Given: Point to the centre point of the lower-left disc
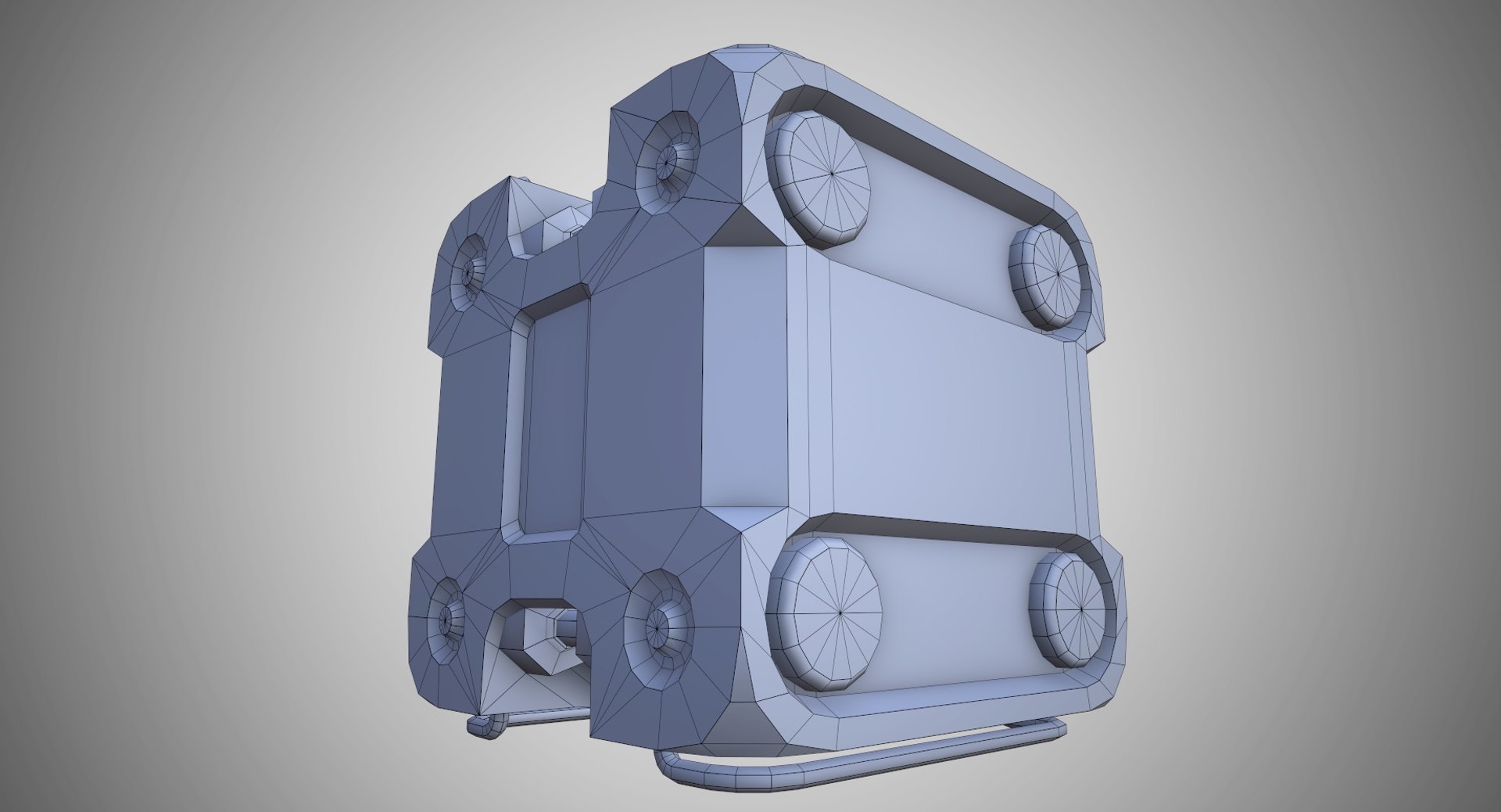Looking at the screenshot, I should coord(839,614).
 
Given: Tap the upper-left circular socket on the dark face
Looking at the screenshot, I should coord(469,272).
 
